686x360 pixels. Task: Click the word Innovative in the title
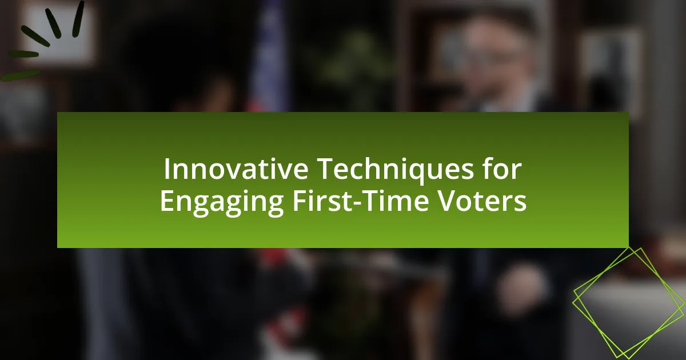click(x=236, y=169)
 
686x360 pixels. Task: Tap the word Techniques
click(x=396, y=170)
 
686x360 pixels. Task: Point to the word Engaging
click(x=222, y=202)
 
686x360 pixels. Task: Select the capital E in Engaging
click(x=166, y=201)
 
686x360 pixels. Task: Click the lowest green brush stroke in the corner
click(x=20, y=75)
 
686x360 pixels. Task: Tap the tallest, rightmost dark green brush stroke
click(x=78, y=19)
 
